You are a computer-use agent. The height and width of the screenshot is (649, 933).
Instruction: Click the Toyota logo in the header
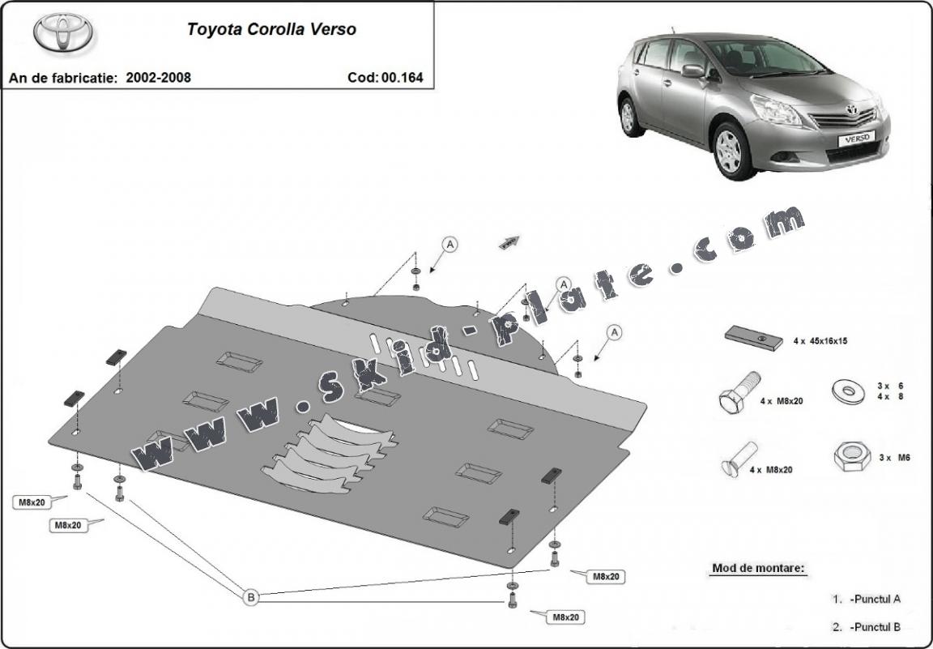coord(62,32)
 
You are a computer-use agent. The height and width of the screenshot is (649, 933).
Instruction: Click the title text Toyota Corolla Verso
coord(271,30)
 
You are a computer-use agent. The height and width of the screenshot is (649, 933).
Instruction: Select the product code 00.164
coord(403,78)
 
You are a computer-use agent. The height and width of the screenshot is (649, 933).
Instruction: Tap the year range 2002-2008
coord(159,78)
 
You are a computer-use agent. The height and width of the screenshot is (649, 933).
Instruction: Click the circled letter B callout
coord(251,598)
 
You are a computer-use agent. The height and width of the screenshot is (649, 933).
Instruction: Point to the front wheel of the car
coord(752,151)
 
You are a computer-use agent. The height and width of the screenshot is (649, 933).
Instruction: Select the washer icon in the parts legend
coord(847,392)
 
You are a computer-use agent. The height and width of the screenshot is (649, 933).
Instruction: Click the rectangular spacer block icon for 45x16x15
coord(752,337)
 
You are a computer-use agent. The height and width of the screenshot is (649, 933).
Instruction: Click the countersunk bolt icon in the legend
coord(738,460)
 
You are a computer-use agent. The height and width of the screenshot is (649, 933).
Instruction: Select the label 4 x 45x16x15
coord(820,341)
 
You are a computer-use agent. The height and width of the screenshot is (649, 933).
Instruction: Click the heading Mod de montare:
coord(758,568)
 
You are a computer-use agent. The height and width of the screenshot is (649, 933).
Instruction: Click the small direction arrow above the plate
coord(508,241)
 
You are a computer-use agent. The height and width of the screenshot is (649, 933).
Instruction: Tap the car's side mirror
coord(693,71)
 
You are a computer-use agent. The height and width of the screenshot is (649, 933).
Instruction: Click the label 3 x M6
coord(894,458)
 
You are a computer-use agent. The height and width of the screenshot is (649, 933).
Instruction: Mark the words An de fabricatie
coord(63,78)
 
